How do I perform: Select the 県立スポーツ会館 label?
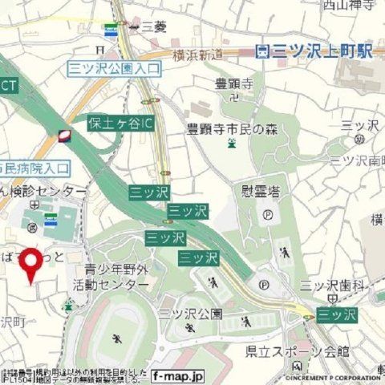(x=308, y=351)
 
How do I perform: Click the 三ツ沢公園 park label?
(x=190, y=312)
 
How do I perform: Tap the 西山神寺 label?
(x=348, y=6)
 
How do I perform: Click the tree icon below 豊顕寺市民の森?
(x=231, y=144)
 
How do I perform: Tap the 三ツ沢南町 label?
(x=358, y=161)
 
